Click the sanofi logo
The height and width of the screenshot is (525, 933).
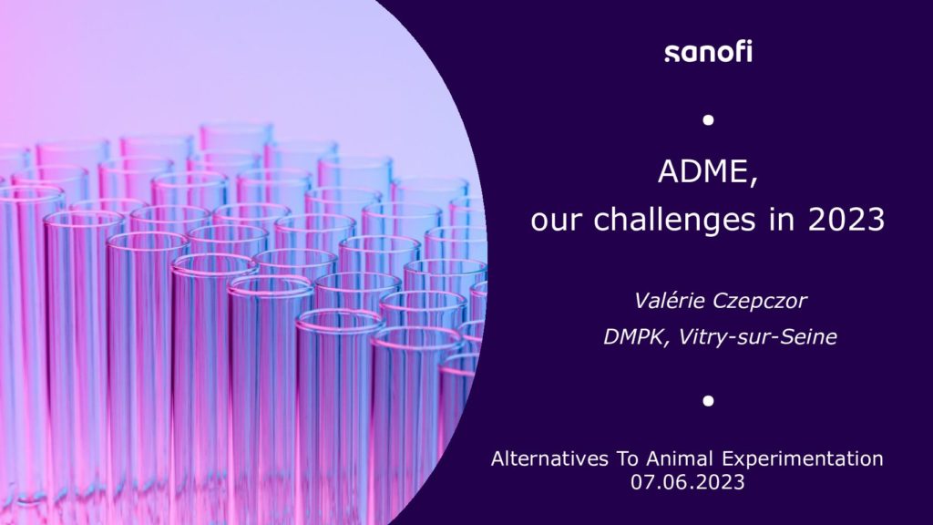click(708, 52)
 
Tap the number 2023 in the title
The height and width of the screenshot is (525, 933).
click(846, 220)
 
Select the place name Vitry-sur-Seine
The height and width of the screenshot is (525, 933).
click(757, 337)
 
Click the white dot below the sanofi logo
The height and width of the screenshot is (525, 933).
click(708, 120)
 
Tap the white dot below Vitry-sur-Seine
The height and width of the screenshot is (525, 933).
click(708, 401)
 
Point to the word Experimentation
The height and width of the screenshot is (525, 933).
click(803, 459)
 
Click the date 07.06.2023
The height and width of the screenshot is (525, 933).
click(688, 481)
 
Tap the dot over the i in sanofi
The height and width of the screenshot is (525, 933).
click(749, 43)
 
